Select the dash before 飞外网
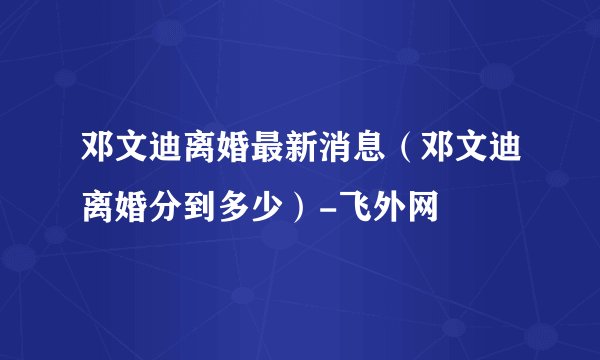(345, 208)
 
